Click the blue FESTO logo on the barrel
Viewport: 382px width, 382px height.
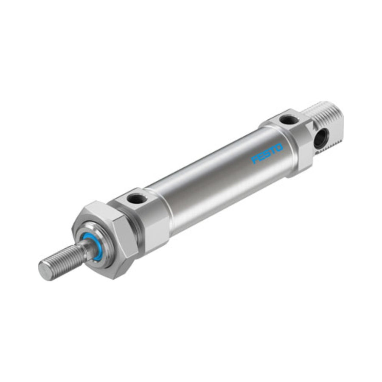[267, 154]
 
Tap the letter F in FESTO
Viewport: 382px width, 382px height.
[255, 160]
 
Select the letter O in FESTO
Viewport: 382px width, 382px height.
[279, 147]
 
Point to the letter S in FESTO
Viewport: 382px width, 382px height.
[267, 154]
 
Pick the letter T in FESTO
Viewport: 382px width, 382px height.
[273, 150]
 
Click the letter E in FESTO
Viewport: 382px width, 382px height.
[261, 157]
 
